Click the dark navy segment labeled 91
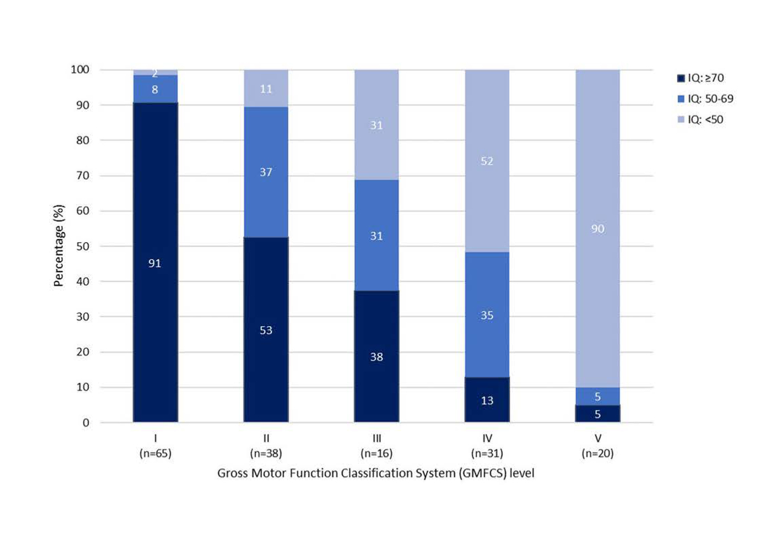tap(155, 263)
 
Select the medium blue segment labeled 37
tap(266, 172)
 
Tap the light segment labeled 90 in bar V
tap(598, 229)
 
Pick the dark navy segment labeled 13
tap(487, 400)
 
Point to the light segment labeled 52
tap(487, 161)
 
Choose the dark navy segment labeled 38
tap(376, 357)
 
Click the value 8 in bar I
tap(155, 89)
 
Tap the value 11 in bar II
tap(266, 89)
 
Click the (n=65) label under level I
tap(155, 453)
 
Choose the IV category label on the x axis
tap(487, 439)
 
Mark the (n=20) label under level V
tap(598, 453)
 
